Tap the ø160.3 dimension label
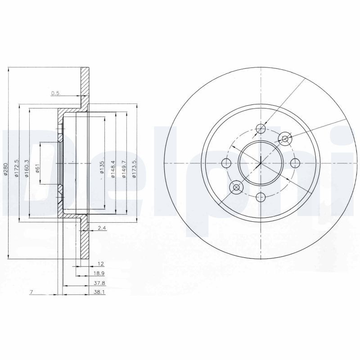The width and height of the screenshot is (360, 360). [27, 170]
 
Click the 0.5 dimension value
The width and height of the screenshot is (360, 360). [55, 93]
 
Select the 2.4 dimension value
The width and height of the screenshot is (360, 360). [101, 229]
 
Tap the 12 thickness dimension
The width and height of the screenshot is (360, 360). [101, 263]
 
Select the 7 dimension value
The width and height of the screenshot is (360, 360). [31, 292]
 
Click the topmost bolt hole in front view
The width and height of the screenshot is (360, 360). [261, 130]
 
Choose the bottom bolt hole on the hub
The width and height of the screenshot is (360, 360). [261, 196]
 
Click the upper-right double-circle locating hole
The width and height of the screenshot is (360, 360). [284, 139]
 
